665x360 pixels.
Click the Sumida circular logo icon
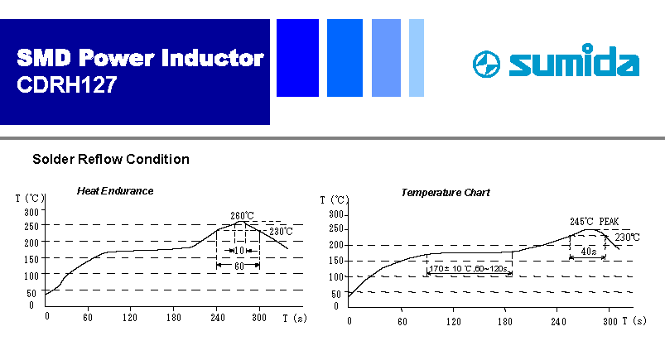[x=486, y=65]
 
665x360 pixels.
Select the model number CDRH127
[x=66, y=84]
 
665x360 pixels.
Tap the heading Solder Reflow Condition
[x=111, y=159]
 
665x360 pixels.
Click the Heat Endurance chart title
[x=115, y=191]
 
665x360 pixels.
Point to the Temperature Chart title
[x=446, y=193]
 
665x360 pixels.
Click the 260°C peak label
[x=242, y=215]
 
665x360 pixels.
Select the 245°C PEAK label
[x=594, y=221]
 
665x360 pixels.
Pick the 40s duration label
[x=588, y=252]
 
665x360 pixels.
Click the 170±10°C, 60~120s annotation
[x=468, y=268]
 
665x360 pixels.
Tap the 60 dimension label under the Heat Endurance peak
[x=239, y=266]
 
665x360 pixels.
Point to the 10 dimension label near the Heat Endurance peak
[x=239, y=251]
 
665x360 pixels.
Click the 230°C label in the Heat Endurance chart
[x=281, y=232]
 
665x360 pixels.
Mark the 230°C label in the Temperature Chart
[x=627, y=238]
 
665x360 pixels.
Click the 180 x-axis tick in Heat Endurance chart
[x=173, y=318]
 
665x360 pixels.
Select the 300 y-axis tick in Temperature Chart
[x=336, y=214]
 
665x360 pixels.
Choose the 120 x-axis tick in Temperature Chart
[x=453, y=321]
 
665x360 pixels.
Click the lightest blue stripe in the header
[x=417, y=58]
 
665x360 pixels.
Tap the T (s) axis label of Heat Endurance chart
[x=294, y=318]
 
